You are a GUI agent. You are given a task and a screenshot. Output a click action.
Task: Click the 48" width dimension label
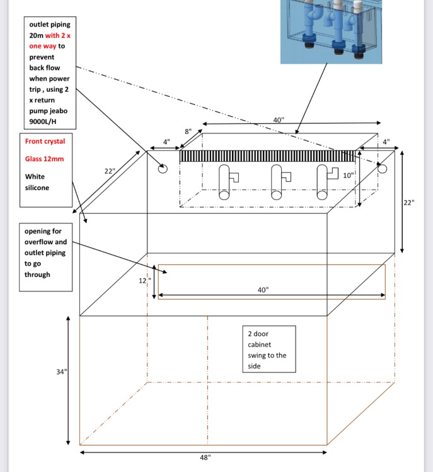pos(204,458)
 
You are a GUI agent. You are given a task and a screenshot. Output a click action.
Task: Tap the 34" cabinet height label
pos(61,372)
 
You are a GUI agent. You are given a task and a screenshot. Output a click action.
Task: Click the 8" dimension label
pos(188,132)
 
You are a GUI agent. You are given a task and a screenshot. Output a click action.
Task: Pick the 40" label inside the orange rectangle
pos(263,290)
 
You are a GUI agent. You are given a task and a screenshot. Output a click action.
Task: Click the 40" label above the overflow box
pos(279,120)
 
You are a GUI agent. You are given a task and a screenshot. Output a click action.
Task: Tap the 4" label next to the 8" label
pos(166,142)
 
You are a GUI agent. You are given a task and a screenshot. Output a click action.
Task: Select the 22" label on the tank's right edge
pos(409,202)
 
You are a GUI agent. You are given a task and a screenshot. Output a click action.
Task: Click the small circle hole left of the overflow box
pos(163,169)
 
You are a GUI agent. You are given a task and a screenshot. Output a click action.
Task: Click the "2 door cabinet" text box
pos(269,349)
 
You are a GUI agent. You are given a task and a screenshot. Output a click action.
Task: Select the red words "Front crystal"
pos(45,141)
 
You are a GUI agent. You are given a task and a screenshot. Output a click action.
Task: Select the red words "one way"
pos(43,46)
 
